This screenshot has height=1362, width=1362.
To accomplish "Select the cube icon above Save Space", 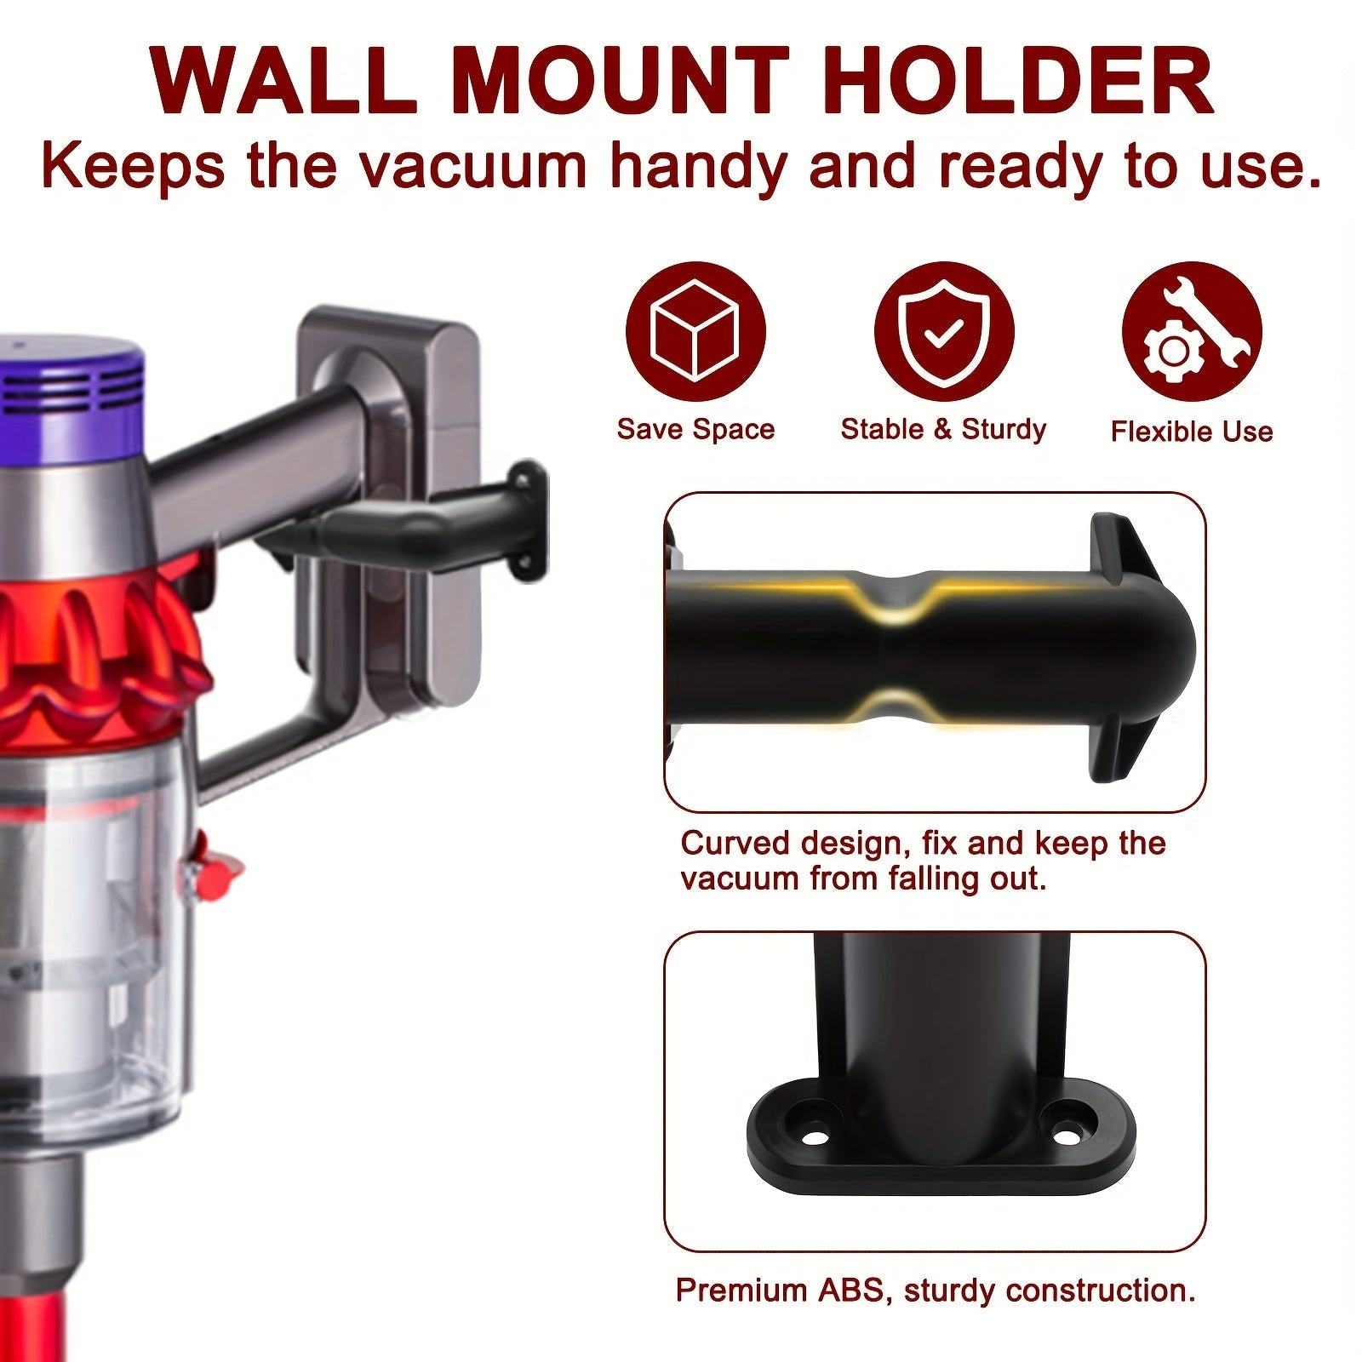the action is [x=695, y=331].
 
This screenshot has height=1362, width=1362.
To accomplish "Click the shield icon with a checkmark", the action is [x=944, y=331].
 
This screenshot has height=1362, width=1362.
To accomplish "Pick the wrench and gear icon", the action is [x=1192, y=331].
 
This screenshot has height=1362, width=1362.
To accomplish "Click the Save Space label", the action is [x=695, y=429].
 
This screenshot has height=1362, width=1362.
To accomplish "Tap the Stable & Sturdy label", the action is [x=943, y=429].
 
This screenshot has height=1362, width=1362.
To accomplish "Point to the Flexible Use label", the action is [x=1192, y=432].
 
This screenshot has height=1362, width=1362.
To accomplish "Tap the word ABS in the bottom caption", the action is [x=853, y=1290].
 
